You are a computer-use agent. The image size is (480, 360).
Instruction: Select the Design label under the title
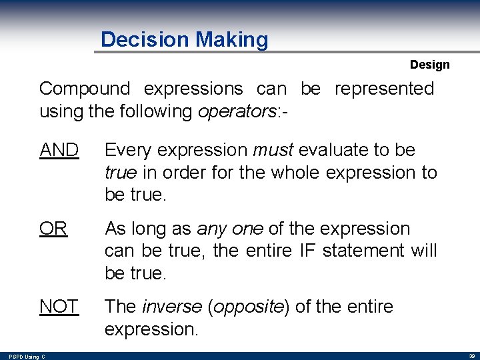429,65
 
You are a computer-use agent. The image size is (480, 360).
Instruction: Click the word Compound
84,89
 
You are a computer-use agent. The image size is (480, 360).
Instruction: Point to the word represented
384,89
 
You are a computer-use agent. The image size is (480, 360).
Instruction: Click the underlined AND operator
59,150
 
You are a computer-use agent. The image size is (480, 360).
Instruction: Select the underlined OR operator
53,229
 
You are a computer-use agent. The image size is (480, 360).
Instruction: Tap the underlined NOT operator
59,307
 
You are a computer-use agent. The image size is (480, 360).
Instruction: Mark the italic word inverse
173,307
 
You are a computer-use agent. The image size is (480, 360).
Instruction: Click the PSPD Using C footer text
27,357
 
